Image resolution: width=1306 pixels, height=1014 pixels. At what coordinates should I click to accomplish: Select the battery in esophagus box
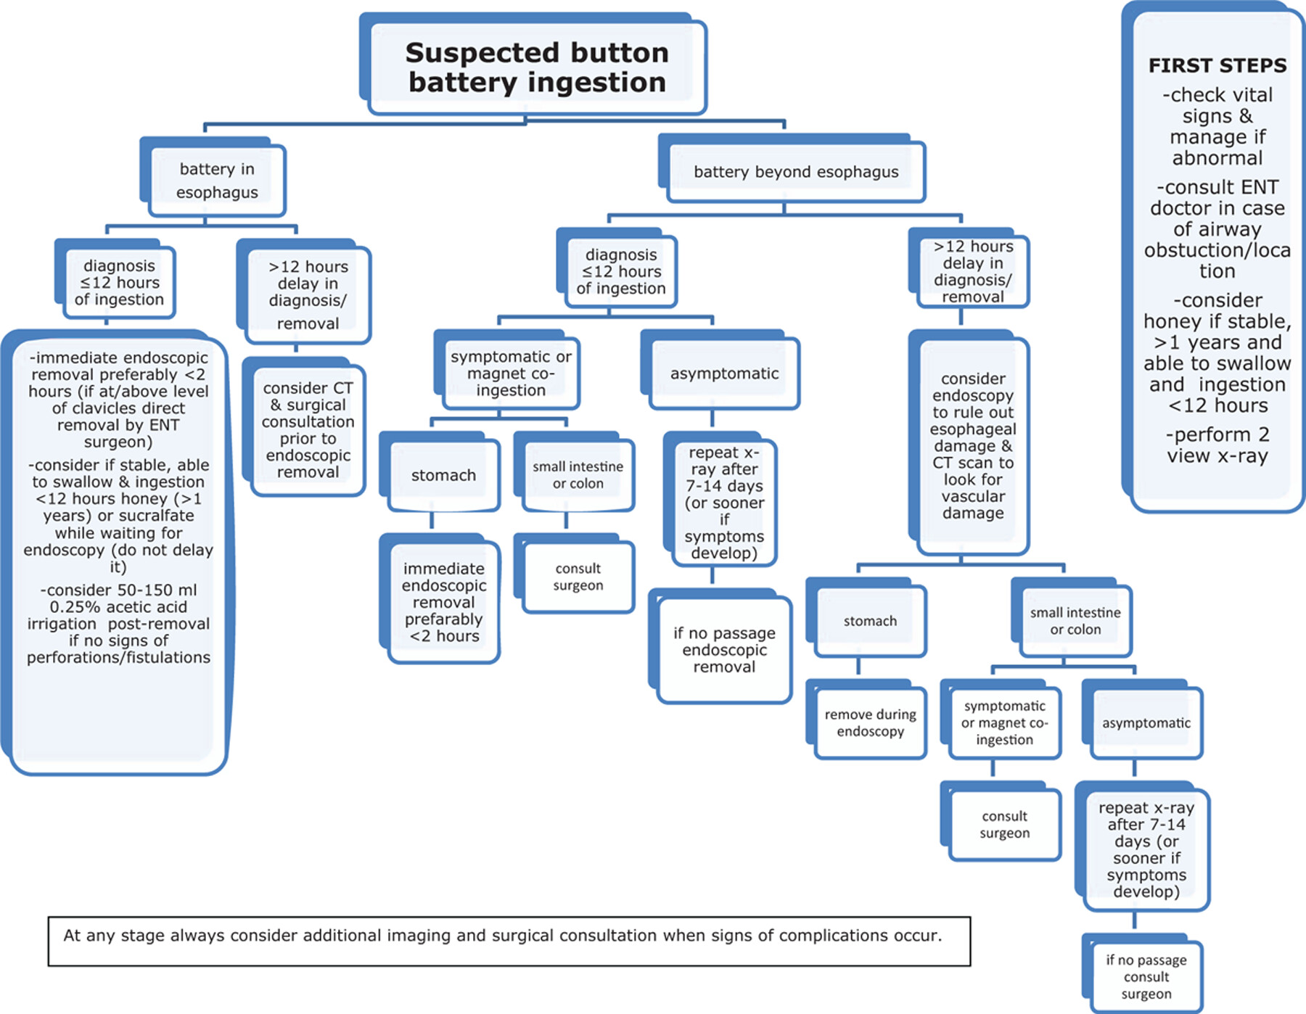[x=213, y=178]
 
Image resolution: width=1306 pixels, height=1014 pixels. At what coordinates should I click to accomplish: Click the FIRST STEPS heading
[x=1217, y=65]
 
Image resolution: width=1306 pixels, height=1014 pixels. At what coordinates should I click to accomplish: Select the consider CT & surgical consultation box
[x=304, y=427]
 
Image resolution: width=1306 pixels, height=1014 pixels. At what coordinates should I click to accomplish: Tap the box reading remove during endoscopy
[x=866, y=720]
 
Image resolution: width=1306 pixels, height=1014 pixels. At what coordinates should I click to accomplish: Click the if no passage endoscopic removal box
[x=720, y=646]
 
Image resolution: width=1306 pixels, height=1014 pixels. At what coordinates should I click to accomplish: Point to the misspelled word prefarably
[x=443, y=619]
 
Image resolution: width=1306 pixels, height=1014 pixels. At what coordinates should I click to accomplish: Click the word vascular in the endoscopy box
[x=973, y=497]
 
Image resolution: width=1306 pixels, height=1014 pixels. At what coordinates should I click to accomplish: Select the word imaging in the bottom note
[x=419, y=936]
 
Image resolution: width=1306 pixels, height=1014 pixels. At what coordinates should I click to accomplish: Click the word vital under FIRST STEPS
[x=1252, y=95]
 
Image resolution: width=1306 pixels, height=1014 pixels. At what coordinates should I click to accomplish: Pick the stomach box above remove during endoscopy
[x=866, y=619]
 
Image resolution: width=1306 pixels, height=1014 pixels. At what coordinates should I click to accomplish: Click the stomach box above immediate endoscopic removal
[x=440, y=472]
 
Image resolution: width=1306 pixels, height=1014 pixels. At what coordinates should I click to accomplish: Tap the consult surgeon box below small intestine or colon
[x=574, y=574]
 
